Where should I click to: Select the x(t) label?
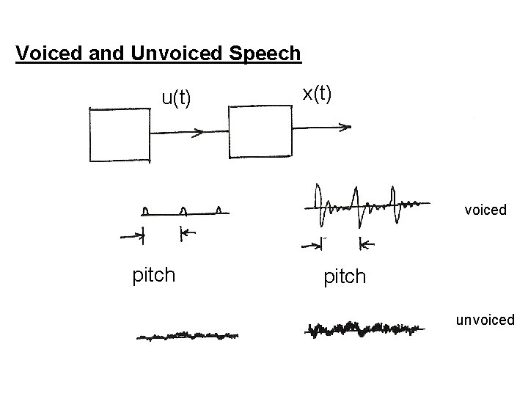(317, 92)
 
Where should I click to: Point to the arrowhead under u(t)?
(198, 133)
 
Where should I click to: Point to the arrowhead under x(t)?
(344, 128)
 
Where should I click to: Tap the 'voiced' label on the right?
(485, 210)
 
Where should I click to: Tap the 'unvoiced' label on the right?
(485, 320)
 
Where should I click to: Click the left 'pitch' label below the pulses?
(153, 275)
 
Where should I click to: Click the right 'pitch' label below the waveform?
(344, 276)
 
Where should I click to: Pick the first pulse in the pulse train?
(146, 211)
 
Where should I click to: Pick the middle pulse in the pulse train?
(183, 211)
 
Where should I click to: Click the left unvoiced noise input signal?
(188, 335)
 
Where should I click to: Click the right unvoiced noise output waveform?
(364, 330)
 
